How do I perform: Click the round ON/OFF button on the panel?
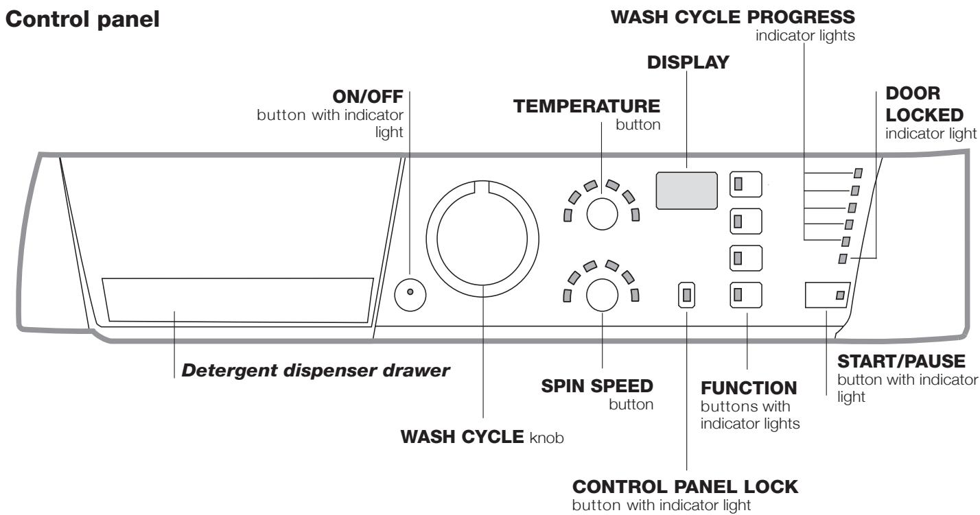click(x=410, y=293)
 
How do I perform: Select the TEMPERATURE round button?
click(x=602, y=213)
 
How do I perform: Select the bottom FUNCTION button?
click(x=746, y=296)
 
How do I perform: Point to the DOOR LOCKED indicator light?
click(x=843, y=258)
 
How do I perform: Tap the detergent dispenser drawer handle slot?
click(x=237, y=300)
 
